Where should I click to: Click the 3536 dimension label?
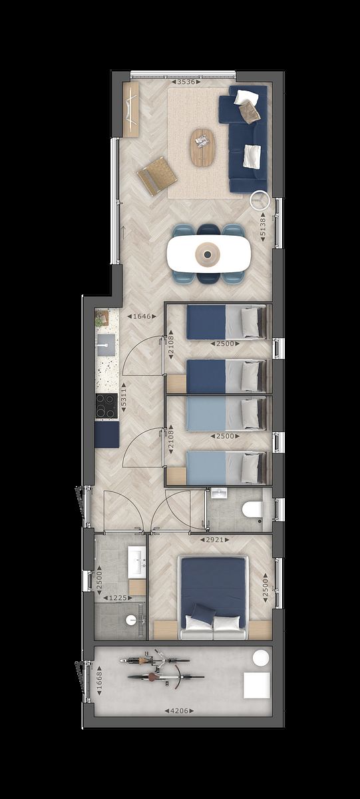point(184,83)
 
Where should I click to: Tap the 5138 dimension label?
point(263,227)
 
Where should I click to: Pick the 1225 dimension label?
point(117,598)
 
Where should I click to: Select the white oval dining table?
point(209,253)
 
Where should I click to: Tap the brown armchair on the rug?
point(157,175)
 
